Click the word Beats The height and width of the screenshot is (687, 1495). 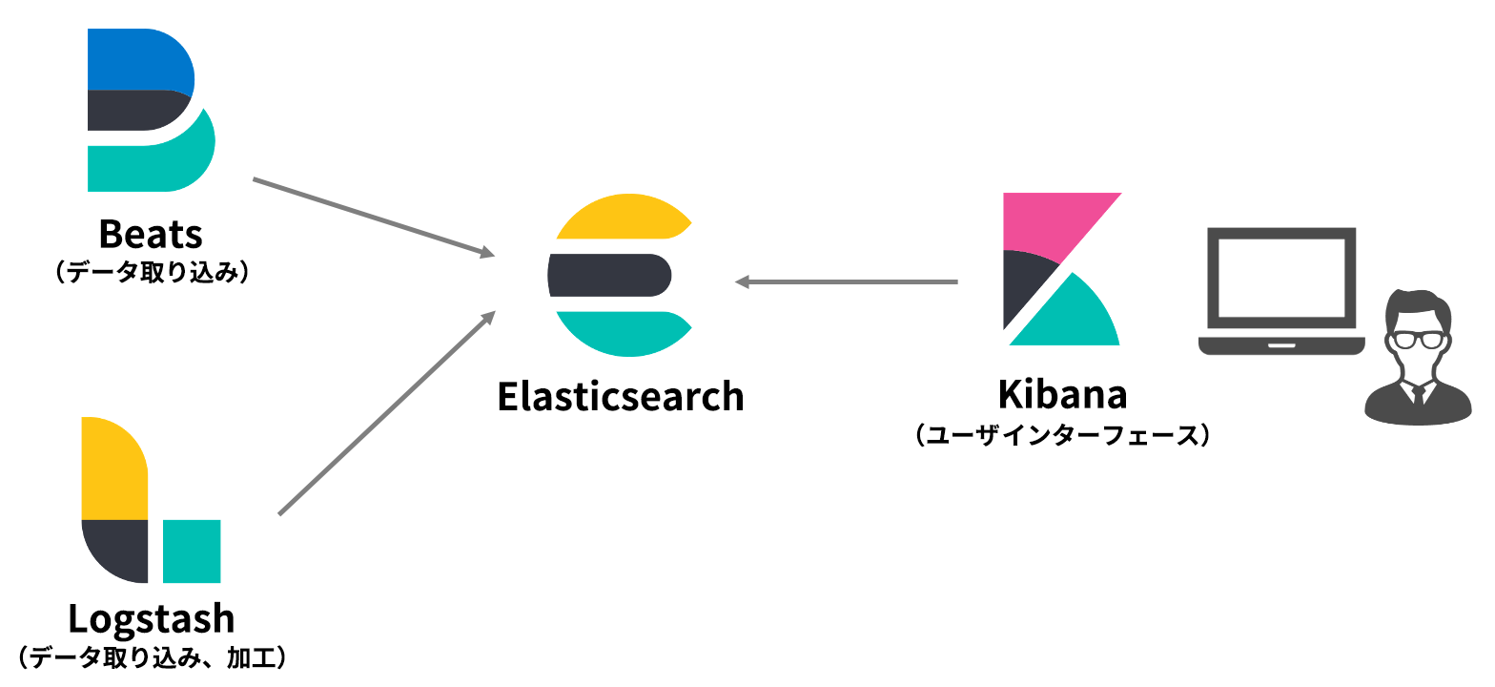[x=151, y=235]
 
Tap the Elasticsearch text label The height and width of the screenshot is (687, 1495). [x=620, y=396]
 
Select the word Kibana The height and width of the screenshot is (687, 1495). [x=1062, y=394]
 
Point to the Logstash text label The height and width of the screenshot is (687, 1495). [x=151, y=619]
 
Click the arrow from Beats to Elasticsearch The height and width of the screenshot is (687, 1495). [x=372, y=217]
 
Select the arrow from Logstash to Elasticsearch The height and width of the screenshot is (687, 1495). [x=386, y=413]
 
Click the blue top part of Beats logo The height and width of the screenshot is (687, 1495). [x=138, y=59]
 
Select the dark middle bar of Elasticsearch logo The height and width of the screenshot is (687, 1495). [x=609, y=275]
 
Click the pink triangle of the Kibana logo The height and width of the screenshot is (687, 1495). [x=1049, y=221]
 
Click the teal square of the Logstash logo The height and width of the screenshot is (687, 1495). [x=192, y=551]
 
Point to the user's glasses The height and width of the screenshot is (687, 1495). [x=1418, y=338]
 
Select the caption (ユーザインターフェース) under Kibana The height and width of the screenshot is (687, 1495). [x=1062, y=436]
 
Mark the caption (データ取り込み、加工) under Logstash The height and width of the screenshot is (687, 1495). [x=153, y=657]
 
